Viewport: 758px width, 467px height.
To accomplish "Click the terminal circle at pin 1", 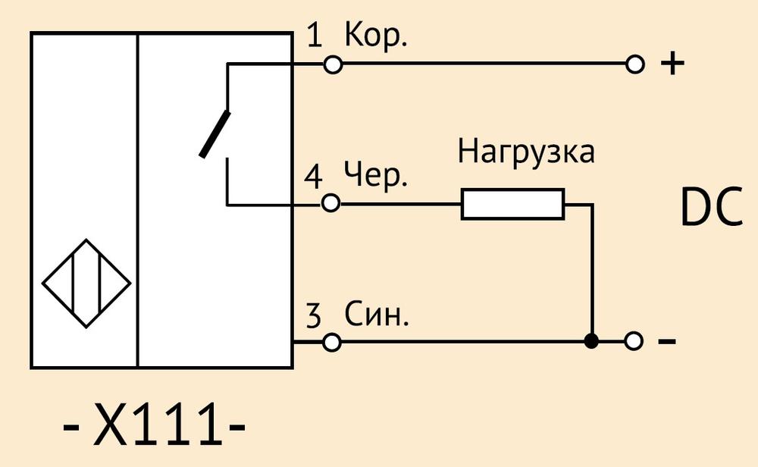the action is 333,64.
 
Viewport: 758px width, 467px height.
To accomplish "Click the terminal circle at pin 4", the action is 330,203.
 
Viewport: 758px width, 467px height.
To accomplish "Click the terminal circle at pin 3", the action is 332,342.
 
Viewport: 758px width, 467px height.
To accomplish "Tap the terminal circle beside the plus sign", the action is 634,64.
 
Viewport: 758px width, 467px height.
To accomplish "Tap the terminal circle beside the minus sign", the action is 633,341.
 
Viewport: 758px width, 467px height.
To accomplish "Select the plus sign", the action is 672,64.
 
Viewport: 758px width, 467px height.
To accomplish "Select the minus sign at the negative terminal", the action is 667,341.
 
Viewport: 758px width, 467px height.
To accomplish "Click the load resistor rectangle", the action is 512,204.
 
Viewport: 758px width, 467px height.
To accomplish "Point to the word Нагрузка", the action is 526,151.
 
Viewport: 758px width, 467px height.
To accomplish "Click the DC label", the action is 712,207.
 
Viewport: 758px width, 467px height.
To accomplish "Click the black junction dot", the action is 591,341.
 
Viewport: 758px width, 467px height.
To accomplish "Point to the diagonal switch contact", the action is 215,134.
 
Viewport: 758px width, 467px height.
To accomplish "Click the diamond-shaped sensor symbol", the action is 86,284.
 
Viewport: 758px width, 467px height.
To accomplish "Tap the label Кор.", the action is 376,34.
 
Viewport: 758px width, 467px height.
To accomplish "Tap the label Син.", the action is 377,314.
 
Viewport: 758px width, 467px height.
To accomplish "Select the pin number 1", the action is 315,36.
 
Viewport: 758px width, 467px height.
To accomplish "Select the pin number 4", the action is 313,177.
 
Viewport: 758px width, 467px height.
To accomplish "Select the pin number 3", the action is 313,315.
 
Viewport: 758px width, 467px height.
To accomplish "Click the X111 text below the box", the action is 154,424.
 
